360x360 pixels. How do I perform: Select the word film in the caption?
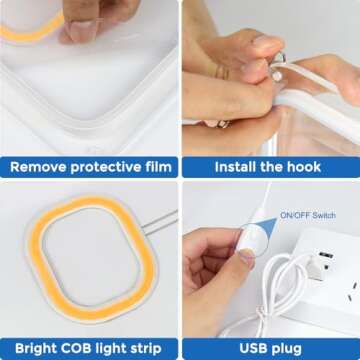161,166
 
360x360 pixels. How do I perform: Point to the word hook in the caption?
304,167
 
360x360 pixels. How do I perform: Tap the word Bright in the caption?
37,349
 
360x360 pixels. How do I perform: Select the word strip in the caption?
145,349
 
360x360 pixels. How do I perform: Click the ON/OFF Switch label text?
308,215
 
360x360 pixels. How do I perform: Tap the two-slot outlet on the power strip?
354,291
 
